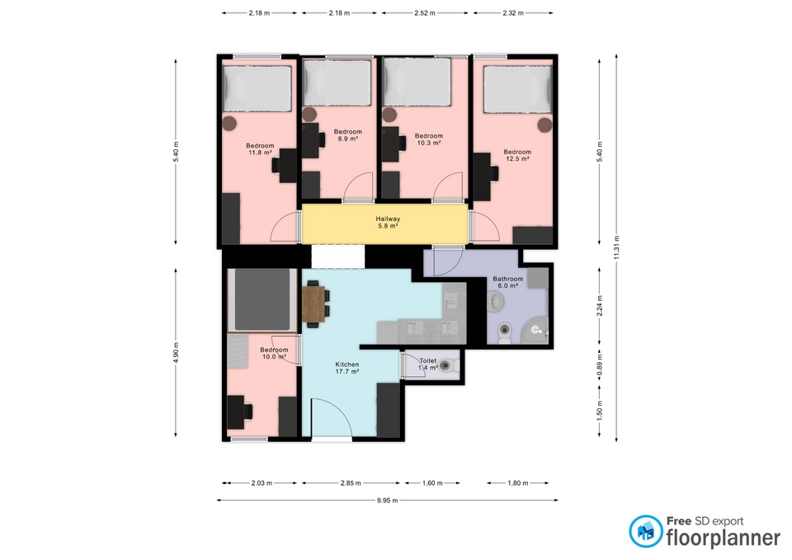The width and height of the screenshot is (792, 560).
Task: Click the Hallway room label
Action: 388,222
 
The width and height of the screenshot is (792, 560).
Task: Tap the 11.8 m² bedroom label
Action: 260,149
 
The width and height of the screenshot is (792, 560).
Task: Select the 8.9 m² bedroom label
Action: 347,134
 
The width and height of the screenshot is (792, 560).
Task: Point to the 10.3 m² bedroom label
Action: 428,139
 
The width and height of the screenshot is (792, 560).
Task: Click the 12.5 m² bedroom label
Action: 517,155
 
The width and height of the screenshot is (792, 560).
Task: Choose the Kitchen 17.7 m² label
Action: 347,368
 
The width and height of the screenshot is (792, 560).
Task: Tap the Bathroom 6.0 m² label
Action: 507,282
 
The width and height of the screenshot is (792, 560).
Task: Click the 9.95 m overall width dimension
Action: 388,501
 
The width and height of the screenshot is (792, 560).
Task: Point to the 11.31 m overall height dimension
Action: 616,248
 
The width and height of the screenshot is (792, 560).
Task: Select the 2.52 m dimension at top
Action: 425,13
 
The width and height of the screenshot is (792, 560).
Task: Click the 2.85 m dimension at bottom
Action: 351,483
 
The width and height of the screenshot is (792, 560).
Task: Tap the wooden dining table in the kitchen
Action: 313,304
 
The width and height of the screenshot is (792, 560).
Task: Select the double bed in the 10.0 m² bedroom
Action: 262,300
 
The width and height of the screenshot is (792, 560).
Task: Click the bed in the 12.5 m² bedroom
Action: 517,89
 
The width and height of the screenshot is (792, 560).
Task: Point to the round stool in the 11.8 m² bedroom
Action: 230,123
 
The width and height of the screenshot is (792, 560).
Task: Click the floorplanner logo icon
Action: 645,531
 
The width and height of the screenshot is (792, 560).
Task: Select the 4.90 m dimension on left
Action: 176,352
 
